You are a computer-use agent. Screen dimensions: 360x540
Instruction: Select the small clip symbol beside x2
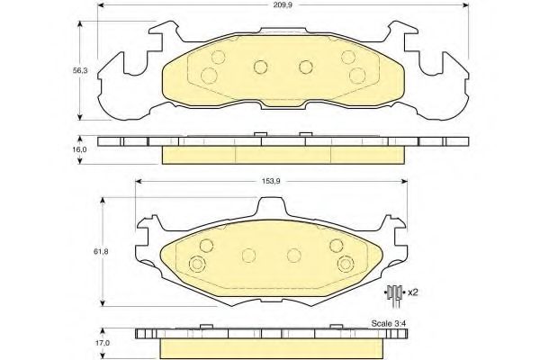393,292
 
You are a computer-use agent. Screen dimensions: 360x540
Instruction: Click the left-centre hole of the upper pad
259,66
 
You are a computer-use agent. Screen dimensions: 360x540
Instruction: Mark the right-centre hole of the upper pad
304,66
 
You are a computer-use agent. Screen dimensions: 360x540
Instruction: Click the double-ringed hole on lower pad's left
198,264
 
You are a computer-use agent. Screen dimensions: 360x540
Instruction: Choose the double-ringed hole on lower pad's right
346,264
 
